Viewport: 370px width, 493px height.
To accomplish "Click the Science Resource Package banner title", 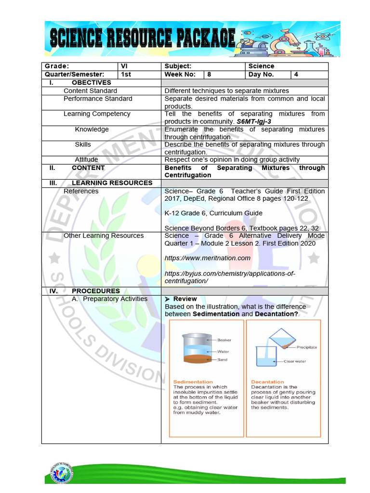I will pos(143,39).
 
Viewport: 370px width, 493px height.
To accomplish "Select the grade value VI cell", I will pos(139,66).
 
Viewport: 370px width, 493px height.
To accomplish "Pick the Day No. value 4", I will pos(309,75).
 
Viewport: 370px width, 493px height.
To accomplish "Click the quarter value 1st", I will pos(139,75).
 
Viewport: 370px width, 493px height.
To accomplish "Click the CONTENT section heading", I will pos(88,168).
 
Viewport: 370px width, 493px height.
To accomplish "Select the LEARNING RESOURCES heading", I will pos(112,183).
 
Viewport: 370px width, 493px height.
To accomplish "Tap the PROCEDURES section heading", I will pos(95,291).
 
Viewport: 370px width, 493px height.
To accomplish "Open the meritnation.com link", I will pos(208,258).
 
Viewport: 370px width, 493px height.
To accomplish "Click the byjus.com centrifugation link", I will pos(229,277).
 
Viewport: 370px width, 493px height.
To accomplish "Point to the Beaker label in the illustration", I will pos(225,340).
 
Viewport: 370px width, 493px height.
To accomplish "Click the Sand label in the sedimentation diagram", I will pos(222,360).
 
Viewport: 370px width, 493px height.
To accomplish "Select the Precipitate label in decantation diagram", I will pos(307,347).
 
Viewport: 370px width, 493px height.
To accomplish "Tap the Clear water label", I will pos(295,361).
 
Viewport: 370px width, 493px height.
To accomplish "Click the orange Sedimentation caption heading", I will pos(193,382).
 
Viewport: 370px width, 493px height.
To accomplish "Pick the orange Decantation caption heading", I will pos(267,382).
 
